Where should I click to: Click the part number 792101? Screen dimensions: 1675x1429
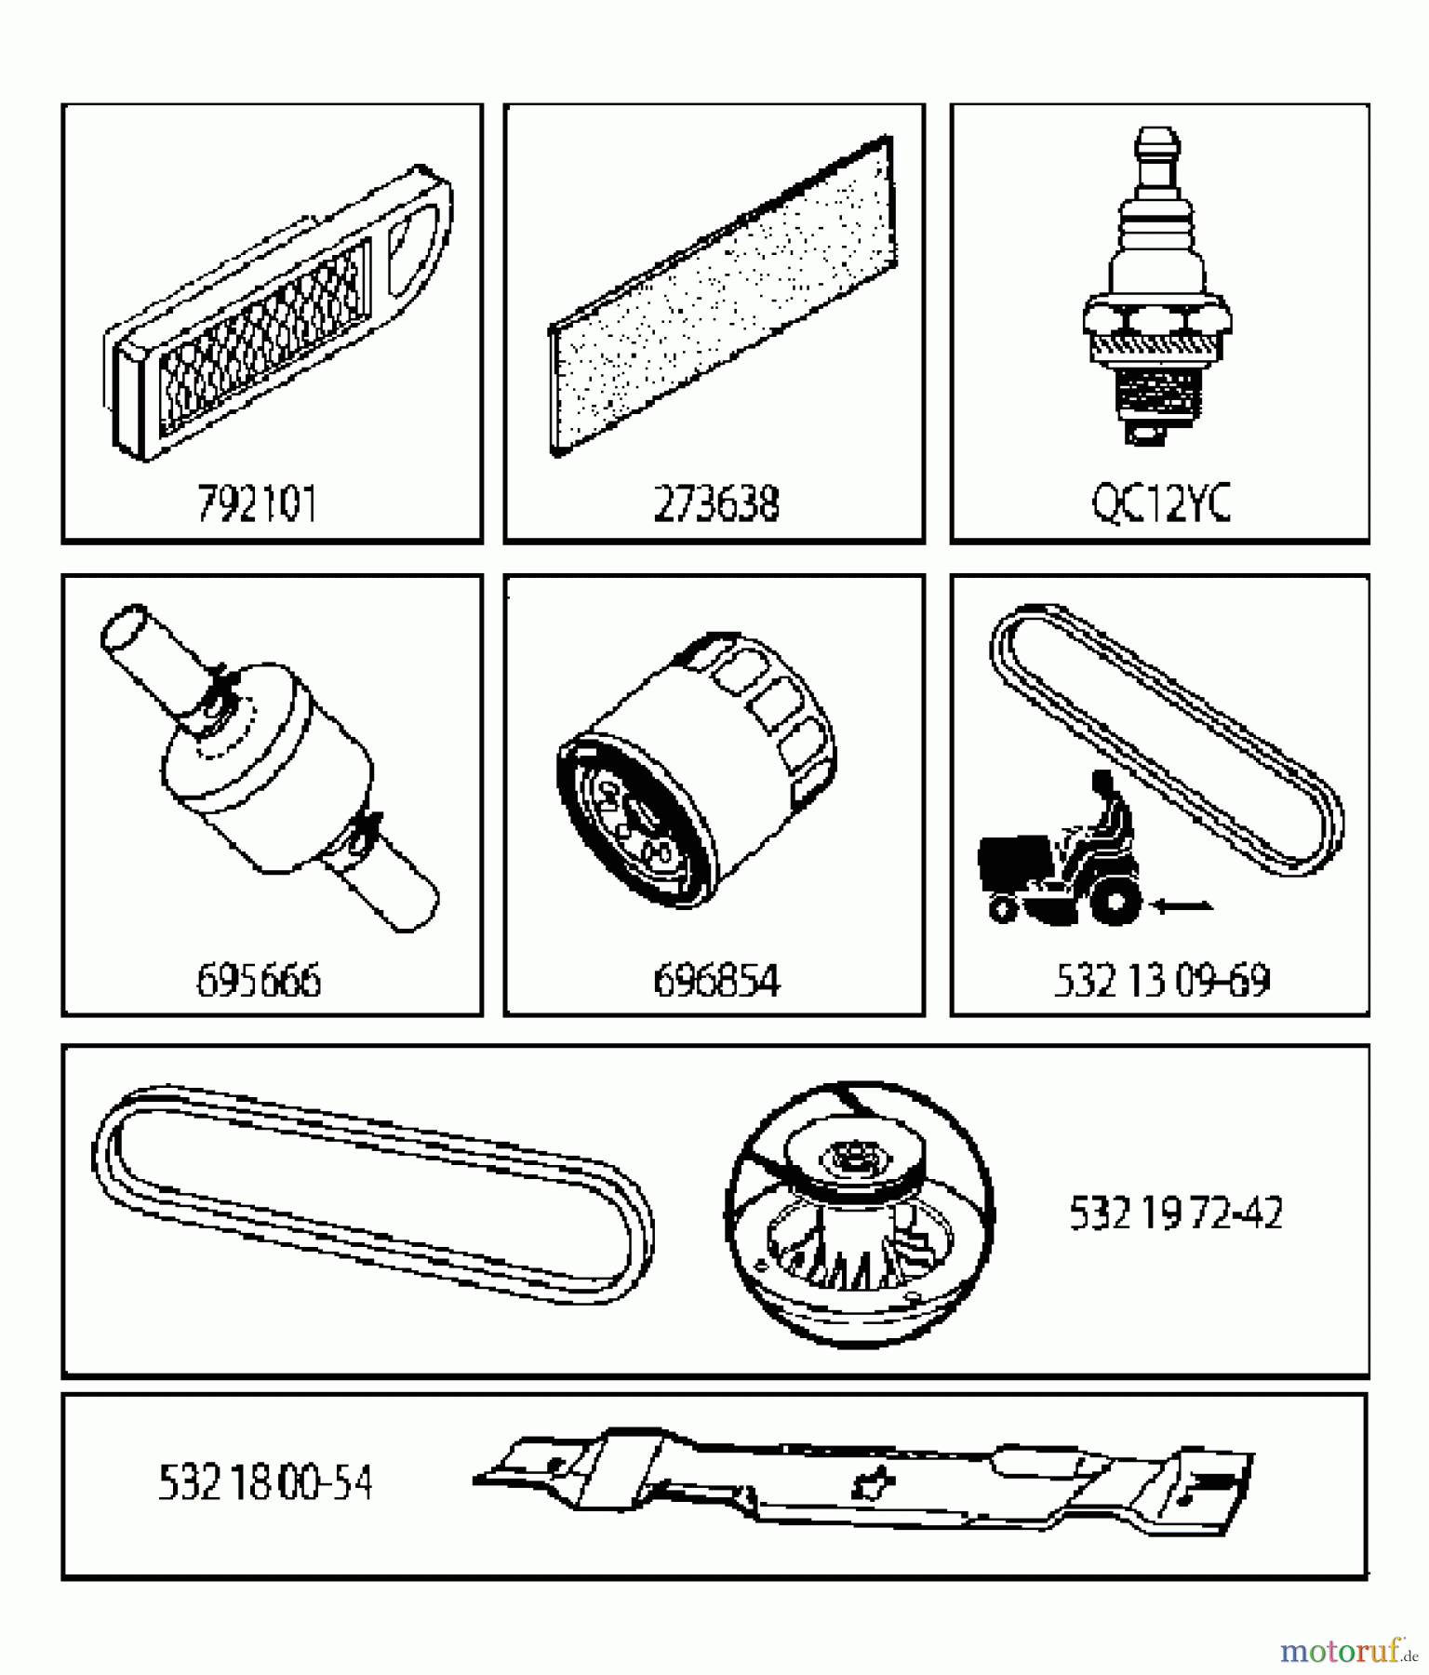point(257,505)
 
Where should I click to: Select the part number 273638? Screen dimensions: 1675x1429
point(715,505)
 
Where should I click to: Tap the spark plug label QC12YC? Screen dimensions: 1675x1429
point(1160,505)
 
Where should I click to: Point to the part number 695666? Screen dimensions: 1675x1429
point(259,981)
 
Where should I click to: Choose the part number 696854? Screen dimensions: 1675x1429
point(716,981)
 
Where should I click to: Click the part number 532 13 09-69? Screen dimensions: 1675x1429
point(1161,981)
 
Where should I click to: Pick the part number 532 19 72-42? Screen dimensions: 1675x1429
point(1176,1213)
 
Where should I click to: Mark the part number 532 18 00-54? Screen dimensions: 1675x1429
point(265,1483)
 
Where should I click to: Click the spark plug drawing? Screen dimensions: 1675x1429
point(1156,298)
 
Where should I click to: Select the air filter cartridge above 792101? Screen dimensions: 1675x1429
point(279,316)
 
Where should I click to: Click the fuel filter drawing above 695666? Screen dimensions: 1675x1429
point(268,768)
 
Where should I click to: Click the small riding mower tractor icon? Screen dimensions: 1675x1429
point(1061,865)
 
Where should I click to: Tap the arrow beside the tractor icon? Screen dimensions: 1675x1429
point(1182,904)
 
